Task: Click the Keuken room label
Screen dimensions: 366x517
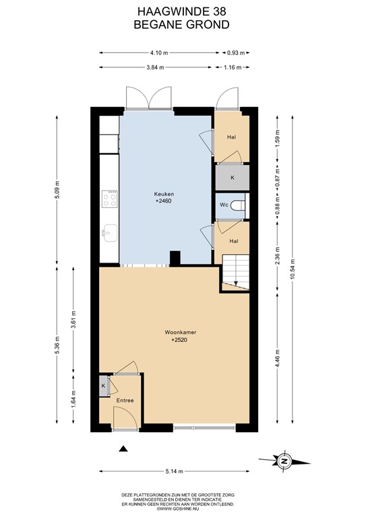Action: pyautogui.click(x=164, y=194)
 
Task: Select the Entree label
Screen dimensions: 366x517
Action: pyautogui.click(x=125, y=401)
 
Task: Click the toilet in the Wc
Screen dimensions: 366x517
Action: pyautogui.click(x=238, y=205)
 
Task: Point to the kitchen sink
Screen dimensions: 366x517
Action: pyautogui.click(x=110, y=233)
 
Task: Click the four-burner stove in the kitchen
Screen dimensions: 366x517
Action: pyautogui.click(x=110, y=199)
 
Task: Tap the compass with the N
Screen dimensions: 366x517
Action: pyautogui.click(x=284, y=460)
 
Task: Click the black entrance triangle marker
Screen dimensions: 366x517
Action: pyautogui.click(x=123, y=448)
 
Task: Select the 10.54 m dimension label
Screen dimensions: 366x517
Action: pyautogui.click(x=292, y=269)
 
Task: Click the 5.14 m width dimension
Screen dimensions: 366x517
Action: pyautogui.click(x=175, y=471)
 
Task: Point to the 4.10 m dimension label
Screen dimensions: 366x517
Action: pyautogui.click(x=159, y=53)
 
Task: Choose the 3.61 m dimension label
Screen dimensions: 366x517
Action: pyautogui.click(x=73, y=319)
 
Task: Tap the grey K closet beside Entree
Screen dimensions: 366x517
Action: pyautogui.click(x=104, y=386)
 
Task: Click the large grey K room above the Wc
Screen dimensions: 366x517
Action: pyautogui.click(x=233, y=178)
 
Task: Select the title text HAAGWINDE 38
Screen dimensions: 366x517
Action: pyautogui.click(x=182, y=11)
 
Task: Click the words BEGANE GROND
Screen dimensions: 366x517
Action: pyautogui.click(x=182, y=25)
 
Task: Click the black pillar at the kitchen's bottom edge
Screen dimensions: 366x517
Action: pyautogui.click(x=175, y=258)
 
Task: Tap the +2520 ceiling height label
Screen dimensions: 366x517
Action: pyautogui.click(x=179, y=340)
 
